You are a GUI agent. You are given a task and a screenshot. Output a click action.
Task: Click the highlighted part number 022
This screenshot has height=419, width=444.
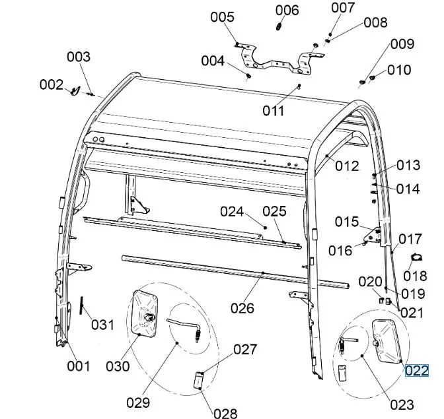tap(417, 370)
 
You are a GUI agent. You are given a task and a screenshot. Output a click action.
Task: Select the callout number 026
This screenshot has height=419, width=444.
tap(242, 307)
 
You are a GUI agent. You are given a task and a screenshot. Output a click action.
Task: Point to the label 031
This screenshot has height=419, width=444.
tap(102, 325)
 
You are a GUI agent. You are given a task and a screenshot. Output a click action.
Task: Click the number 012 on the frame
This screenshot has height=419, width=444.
tap(347, 166)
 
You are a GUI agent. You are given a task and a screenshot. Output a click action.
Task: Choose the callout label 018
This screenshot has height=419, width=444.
tap(416, 276)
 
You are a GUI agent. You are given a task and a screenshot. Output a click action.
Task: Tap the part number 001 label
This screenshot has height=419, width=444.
tap(78, 366)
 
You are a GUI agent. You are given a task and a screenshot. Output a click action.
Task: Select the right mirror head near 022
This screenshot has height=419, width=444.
tap(386, 339)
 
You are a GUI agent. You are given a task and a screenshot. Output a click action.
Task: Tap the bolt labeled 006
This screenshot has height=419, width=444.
tap(279, 26)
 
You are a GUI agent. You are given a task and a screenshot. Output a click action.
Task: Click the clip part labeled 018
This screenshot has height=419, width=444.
tap(416, 257)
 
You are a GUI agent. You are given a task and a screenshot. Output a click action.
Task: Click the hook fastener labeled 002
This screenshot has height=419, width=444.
tap(75, 90)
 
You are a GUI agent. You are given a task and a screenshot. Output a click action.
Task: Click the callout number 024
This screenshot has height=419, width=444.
tap(233, 212)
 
